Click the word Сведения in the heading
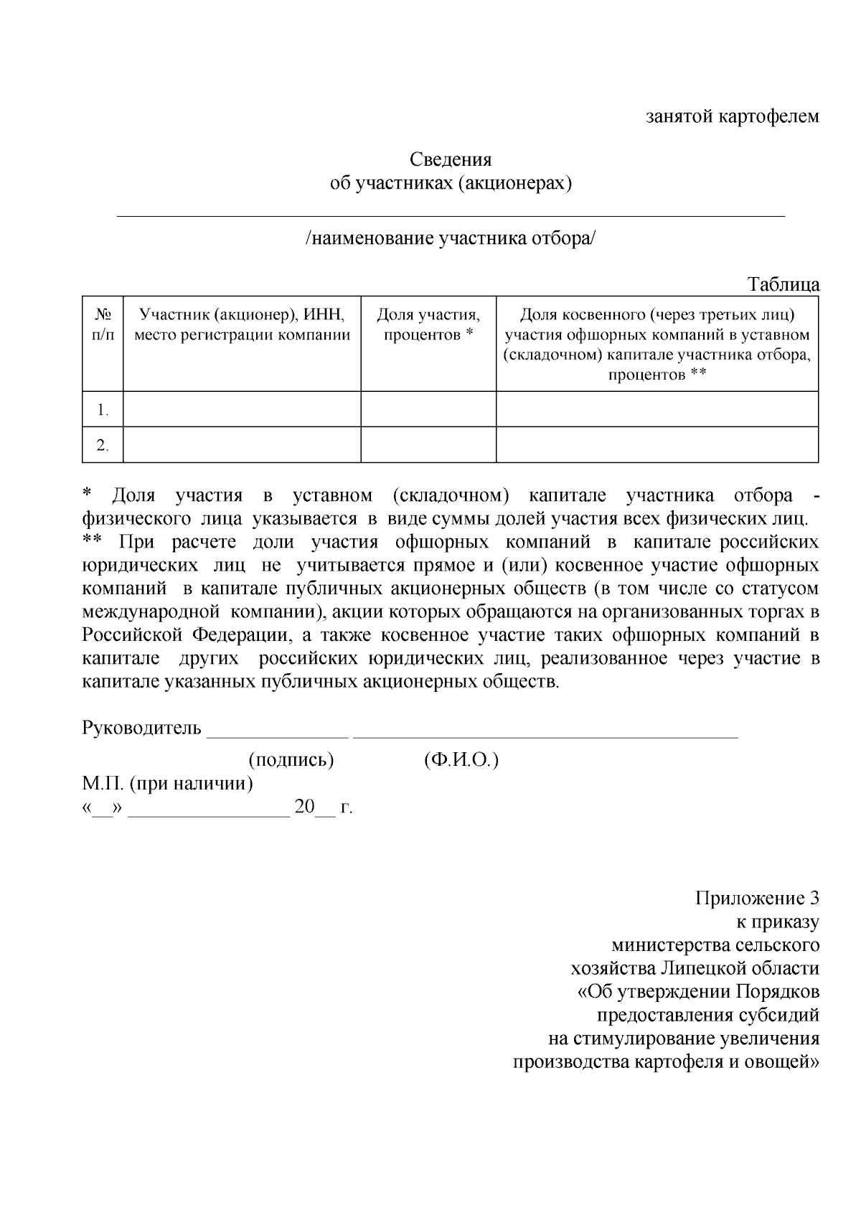[450, 159]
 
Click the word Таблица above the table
[784, 284]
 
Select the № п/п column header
[103, 324]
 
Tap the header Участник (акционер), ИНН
[242, 314]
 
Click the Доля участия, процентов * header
[428, 324]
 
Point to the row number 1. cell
[103, 410]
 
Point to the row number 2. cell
[103, 446]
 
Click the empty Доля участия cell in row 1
[428, 409]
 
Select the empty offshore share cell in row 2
[657, 445]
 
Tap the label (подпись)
[291, 759]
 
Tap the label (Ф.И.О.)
[461, 759]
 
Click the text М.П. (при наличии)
[167, 783]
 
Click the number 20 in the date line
[304, 807]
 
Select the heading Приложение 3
[757, 898]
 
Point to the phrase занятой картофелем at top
[732, 116]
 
